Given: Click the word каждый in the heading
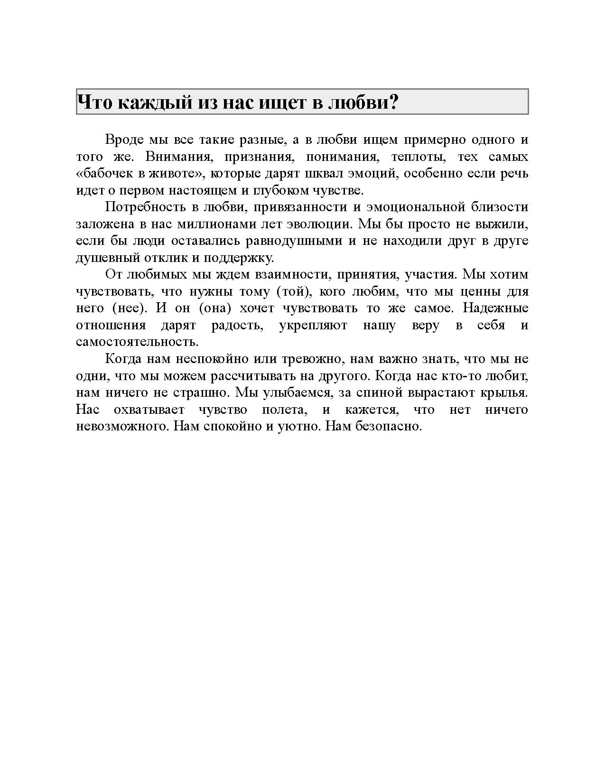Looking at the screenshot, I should coord(152,102).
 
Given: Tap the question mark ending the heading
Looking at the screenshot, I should coord(392,102).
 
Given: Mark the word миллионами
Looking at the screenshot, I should coord(221,224).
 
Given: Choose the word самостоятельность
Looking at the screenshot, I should coord(137,342).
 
